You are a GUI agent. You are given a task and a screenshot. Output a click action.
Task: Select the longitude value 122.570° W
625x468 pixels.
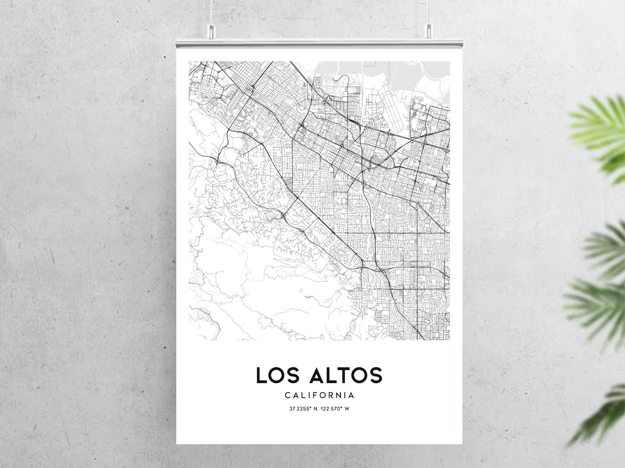(x=335, y=409)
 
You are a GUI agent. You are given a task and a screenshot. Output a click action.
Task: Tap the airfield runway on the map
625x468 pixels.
(x=394, y=109)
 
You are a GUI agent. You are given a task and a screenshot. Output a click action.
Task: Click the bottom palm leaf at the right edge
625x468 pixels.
(x=602, y=413)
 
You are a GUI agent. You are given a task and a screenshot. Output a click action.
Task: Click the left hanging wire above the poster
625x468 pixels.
(x=211, y=12)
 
